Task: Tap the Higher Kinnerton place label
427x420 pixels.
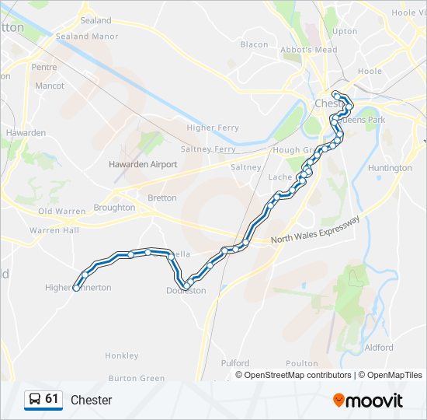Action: [x=78, y=288]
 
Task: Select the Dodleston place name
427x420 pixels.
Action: [x=186, y=291]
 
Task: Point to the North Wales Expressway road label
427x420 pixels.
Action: [x=316, y=231]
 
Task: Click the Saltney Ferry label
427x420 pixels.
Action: [x=207, y=149]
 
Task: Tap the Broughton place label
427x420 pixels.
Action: [x=114, y=208]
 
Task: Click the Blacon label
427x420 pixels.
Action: [x=254, y=44]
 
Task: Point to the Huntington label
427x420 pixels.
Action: [x=390, y=168]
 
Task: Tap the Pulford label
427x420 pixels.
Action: [x=235, y=363]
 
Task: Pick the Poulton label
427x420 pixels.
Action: [x=302, y=363]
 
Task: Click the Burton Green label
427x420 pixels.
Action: [x=137, y=379]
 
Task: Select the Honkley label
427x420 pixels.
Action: [x=122, y=355]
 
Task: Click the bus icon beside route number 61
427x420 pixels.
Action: [x=34, y=400]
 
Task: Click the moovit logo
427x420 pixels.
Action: [x=368, y=401]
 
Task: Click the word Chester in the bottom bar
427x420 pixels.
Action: [x=92, y=401]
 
